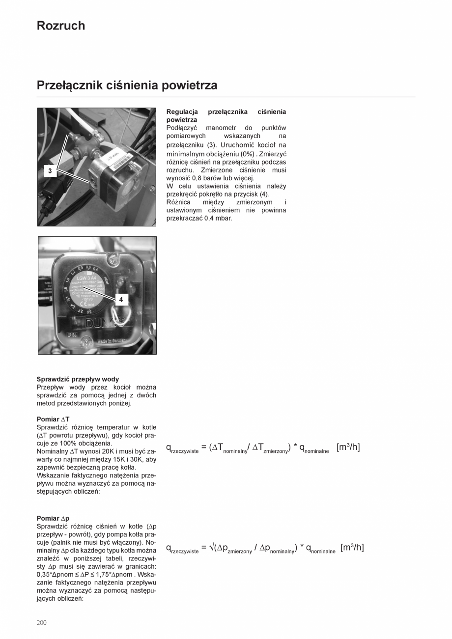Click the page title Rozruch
60,26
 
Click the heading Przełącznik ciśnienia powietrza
127,85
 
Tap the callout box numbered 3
50,171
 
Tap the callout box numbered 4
121,299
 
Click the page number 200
41,622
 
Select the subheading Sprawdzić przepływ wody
78,379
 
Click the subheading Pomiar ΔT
53,419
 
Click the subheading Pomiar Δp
53,518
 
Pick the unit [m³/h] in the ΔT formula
348,447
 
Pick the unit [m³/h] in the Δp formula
352,547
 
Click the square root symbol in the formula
211,547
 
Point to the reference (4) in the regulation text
264,194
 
